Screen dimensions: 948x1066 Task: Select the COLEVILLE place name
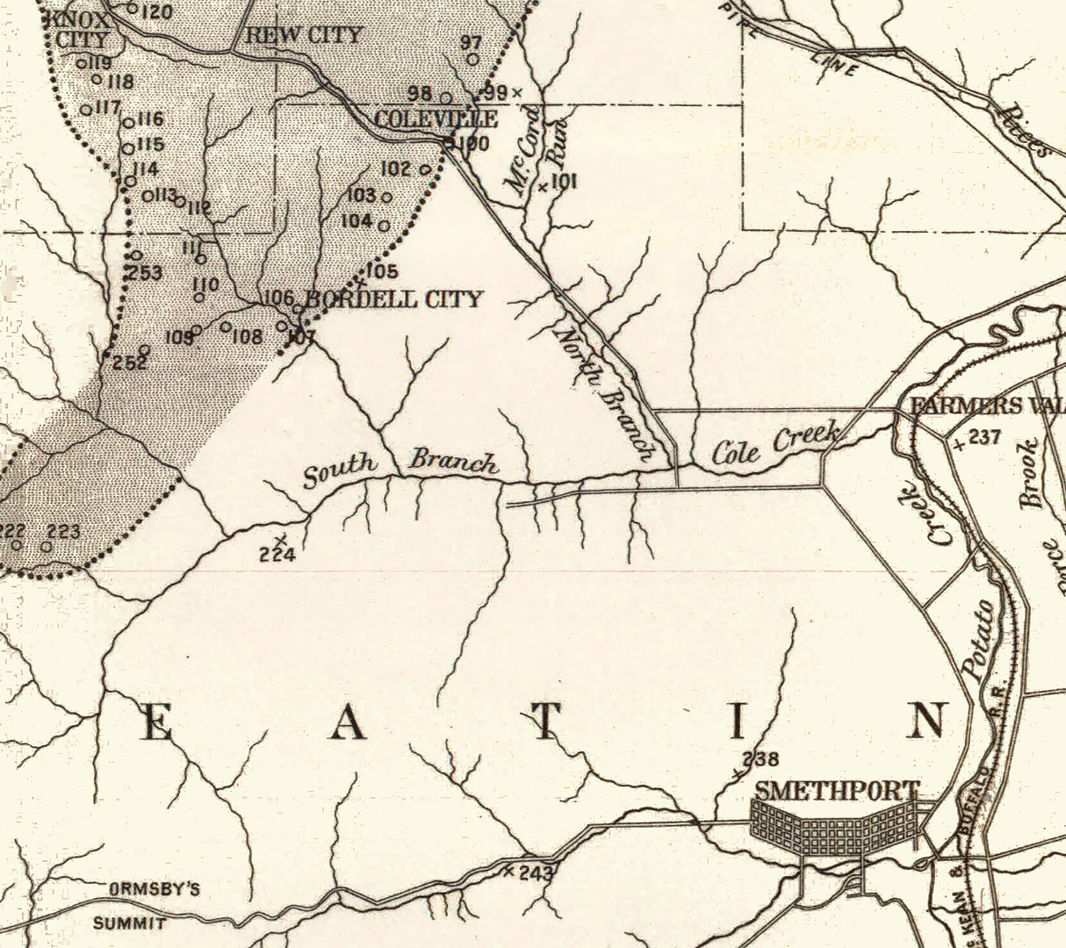point(436,119)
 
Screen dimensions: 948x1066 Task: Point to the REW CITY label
point(302,35)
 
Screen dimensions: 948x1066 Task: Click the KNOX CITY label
point(82,28)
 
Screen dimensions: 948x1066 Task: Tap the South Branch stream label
point(400,466)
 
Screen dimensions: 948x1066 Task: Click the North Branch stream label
point(607,391)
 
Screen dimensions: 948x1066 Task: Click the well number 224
point(277,554)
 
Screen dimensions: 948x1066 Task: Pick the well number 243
point(536,873)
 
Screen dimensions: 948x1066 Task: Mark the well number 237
point(983,436)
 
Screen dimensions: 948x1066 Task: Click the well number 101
point(563,182)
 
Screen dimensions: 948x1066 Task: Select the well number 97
point(471,43)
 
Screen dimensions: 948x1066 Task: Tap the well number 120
point(156,11)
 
